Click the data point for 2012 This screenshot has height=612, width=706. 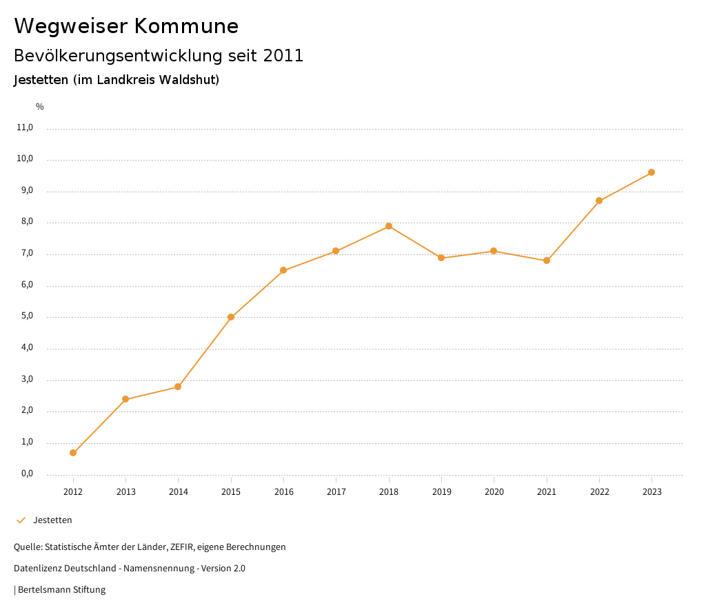point(73,453)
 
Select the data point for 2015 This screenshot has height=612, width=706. point(231,317)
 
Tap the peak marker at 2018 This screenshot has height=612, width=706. point(389,226)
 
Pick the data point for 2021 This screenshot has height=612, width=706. point(547,261)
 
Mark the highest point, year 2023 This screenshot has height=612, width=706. point(652,172)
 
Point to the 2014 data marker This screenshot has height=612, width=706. point(178,387)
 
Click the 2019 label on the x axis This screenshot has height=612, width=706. point(441,492)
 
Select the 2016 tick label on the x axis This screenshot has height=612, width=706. point(283,492)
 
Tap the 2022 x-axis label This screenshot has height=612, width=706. point(599,492)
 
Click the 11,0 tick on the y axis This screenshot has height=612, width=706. point(25,127)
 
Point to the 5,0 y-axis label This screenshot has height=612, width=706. point(27,317)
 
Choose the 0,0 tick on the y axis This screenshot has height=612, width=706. point(27,474)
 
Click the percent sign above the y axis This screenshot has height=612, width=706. point(40,107)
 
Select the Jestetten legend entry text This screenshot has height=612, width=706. point(52,520)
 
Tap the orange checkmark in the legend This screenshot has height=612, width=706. point(21,520)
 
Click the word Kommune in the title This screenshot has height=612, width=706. point(186,26)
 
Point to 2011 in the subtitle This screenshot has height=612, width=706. point(283,56)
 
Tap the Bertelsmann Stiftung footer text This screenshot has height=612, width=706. point(61,590)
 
